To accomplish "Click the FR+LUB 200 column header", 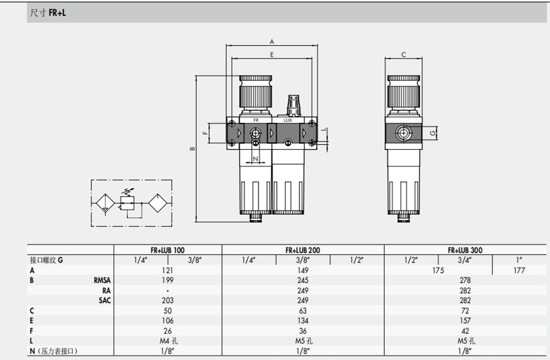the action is click(302, 250).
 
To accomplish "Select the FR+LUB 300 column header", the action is click(465, 250).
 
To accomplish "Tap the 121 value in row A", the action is click(167, 271).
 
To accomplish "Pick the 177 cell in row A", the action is click(519, 271).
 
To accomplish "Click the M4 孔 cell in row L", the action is click(169, 341).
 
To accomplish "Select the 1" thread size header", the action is click(519, 260).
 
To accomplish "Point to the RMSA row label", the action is click(102, 281).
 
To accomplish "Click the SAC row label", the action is click(105, 301).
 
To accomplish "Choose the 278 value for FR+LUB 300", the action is click(465, 281).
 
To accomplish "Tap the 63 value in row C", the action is click(302, 311).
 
